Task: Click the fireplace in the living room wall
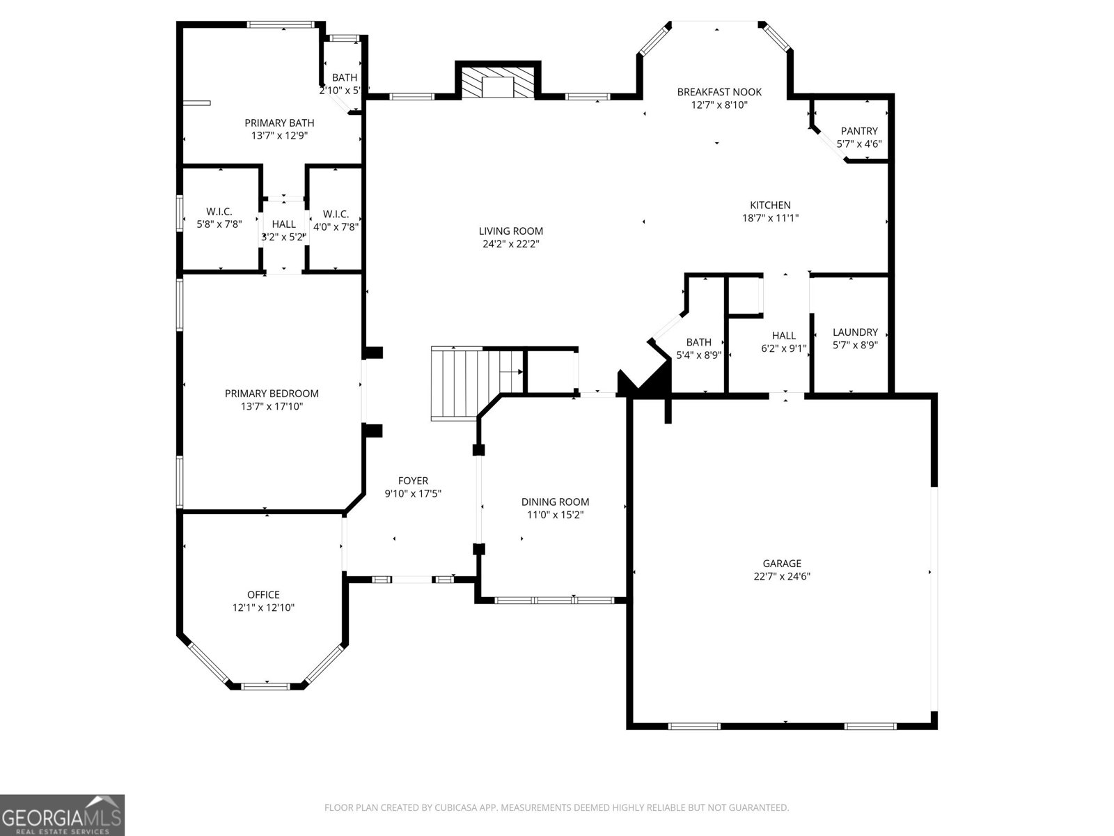pos(497,82)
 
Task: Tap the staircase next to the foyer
pos(477,383)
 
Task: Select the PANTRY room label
pos(858,131)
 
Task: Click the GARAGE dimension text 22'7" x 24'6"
pos(782,577)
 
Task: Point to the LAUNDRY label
pos(855,332)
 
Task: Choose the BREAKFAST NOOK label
pos(719,92)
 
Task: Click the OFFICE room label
pos(263,594)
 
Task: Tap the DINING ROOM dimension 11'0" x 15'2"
pos(555,515)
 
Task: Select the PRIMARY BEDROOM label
pos(272,394)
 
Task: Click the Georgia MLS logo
pos(62,814)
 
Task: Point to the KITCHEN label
pos(771,205)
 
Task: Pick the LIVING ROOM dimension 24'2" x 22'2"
pos(510,244)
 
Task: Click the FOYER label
pos(413,481)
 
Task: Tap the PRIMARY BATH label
pos(279,123)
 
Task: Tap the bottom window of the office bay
pos(265,686)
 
